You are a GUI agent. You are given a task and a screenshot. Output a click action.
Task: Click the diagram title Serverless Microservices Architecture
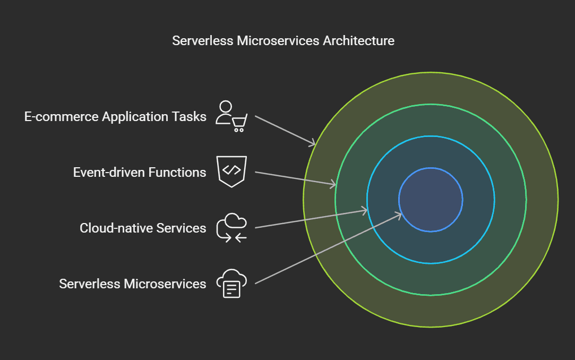[283, 40]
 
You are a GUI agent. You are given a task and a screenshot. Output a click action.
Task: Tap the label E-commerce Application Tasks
[115, 117]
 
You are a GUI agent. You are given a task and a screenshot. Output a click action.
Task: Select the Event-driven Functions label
[140, 172]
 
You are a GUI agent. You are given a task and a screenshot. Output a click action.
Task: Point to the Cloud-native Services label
[143, 228]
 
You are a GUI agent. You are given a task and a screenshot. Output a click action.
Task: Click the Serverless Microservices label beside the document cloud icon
[132, 284]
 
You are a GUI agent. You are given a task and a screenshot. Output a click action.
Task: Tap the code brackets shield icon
[232, 171]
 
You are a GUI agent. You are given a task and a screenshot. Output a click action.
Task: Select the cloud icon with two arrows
[232, 228]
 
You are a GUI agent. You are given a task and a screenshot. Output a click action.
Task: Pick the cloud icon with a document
[232, 284]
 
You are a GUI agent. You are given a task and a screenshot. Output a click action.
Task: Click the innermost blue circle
[431, 200]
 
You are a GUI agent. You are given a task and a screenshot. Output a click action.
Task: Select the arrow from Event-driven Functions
[295, 178]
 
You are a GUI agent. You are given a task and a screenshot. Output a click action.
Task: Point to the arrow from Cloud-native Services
[311, 219]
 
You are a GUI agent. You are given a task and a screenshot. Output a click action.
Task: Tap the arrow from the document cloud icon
[328, 248]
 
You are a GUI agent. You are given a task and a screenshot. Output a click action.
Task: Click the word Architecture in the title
[358, 40]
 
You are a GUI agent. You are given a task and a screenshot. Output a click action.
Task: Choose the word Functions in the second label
[177, 172]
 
